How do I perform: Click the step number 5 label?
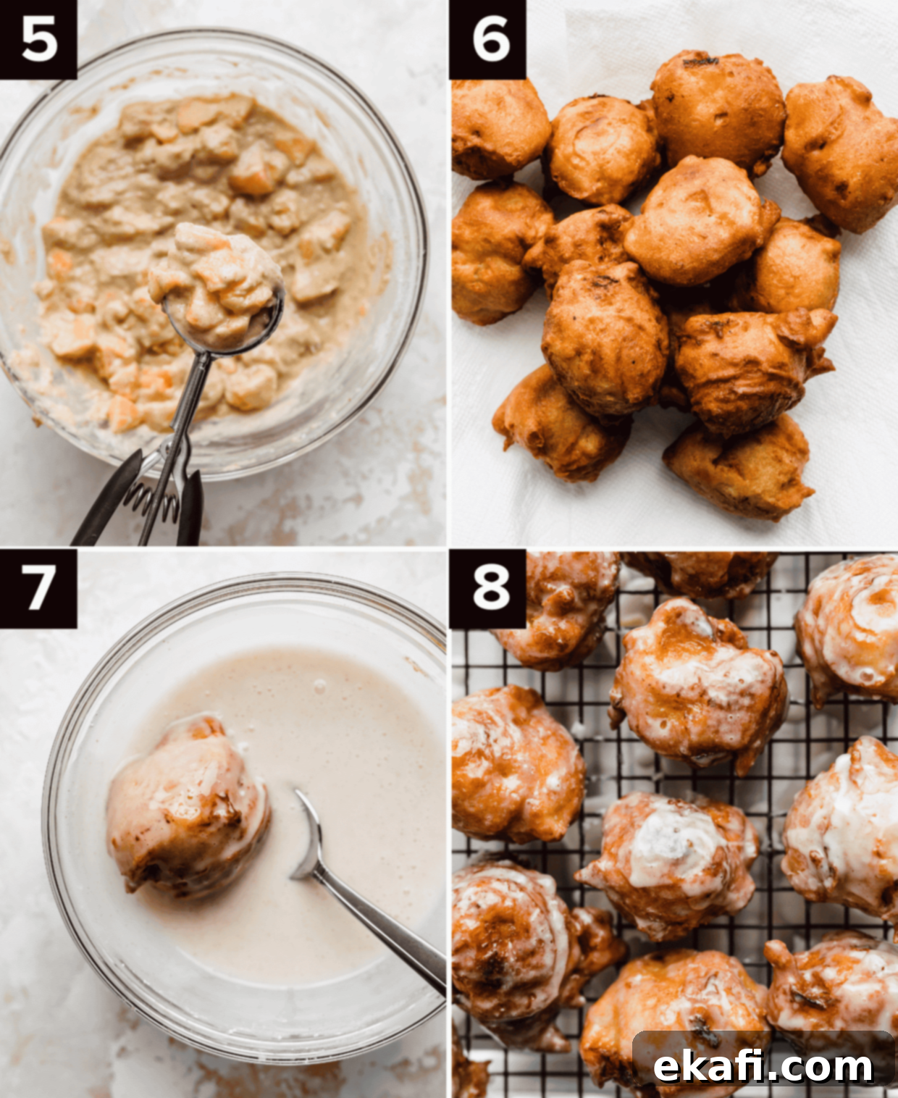pyautogui.click(x=38, y=39)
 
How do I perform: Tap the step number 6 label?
pyautogui.click(x=488, y=39)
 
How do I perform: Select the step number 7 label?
pyautogui.click(x=38, y=588)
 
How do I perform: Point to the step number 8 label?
pyautogui.click(x=488, y=588)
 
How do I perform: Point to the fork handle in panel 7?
pyautogui.click(x=385, y=932)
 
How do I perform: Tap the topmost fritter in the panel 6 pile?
pyautogui.click(x=718, y=106)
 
